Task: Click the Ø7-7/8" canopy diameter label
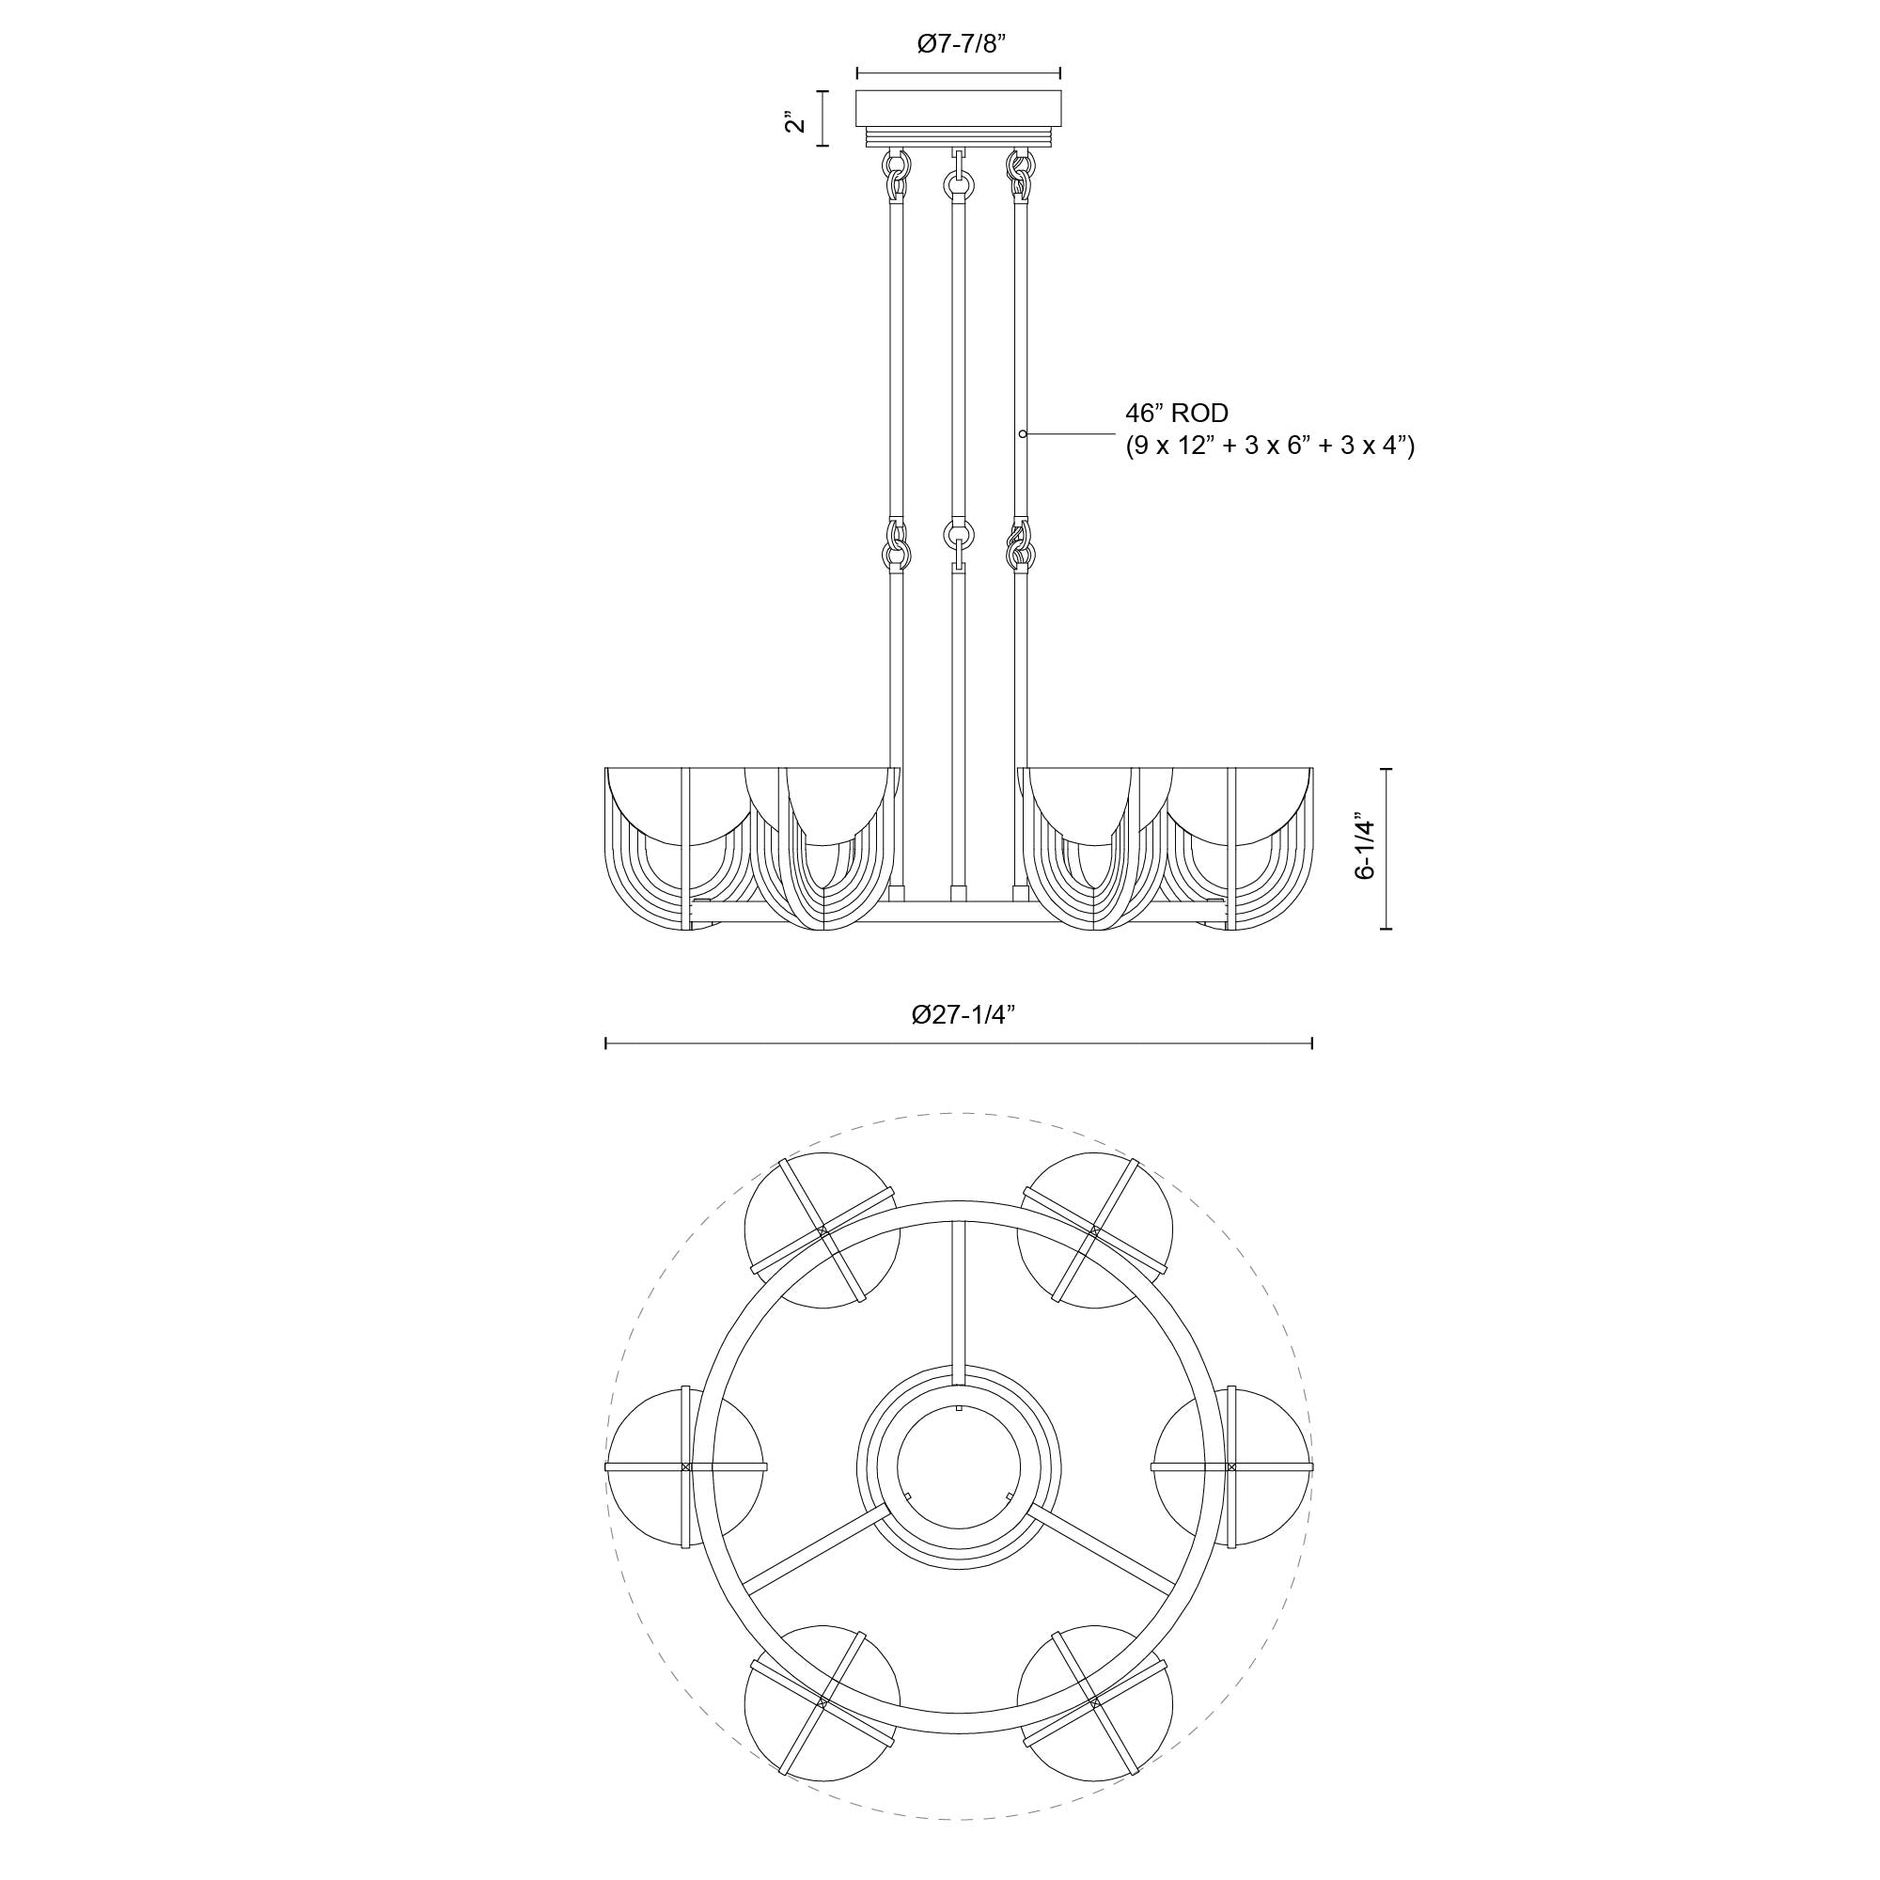coord(958,46)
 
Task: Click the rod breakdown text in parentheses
coord(1269,446)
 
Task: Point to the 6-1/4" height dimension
coord(1366,848)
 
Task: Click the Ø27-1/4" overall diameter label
coord(963,1015)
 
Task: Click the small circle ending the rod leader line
coord(1022,432)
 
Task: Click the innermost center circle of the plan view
coord(959,1465)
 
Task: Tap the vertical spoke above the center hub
coord(959,1304)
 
